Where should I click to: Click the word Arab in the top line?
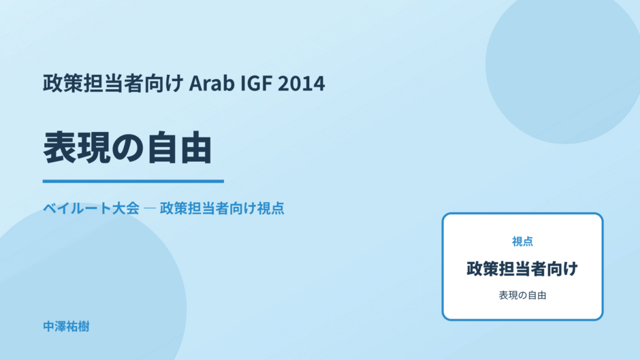(212, 83)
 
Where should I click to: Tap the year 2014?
(301, 83)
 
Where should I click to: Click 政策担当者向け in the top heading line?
(113, 83)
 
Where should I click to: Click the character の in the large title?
(128, 148)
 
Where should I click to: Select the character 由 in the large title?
(196, 148)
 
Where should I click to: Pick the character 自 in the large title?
(162, 148)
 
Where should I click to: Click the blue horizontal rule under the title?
(133, 181)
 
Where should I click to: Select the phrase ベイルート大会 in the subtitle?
(91, 208)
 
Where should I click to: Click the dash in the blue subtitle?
(150, 208)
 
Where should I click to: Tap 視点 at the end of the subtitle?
(270, 208)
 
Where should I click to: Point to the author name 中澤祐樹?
(66, 327)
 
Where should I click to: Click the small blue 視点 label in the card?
(522, 242)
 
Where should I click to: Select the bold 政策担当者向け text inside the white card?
(522, 269)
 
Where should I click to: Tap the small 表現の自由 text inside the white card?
(522, 295)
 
